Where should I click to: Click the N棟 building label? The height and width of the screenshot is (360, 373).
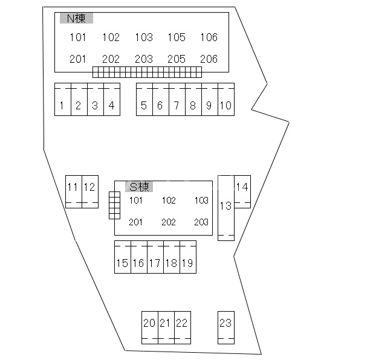click(x=76, y=19)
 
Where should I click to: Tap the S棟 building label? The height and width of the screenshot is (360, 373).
click(x=139, y=187)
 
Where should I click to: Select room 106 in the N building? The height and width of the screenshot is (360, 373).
click(x=209, y=37)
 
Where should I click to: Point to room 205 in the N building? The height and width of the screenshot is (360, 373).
click(x=176, y=59)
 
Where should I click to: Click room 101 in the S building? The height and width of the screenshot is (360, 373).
click(x=136, y=201)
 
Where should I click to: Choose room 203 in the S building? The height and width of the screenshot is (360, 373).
click(x=201, y=222)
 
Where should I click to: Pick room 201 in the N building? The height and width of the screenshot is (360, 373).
click(x=78, y=59)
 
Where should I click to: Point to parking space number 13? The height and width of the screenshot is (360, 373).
click(x=225, y=207)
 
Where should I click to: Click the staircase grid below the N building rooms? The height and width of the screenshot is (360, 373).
click(x=147, y=72)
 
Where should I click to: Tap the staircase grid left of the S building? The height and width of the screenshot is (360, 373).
click(x=114, y=205)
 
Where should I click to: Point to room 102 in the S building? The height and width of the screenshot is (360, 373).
click(x=169, y=201)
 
